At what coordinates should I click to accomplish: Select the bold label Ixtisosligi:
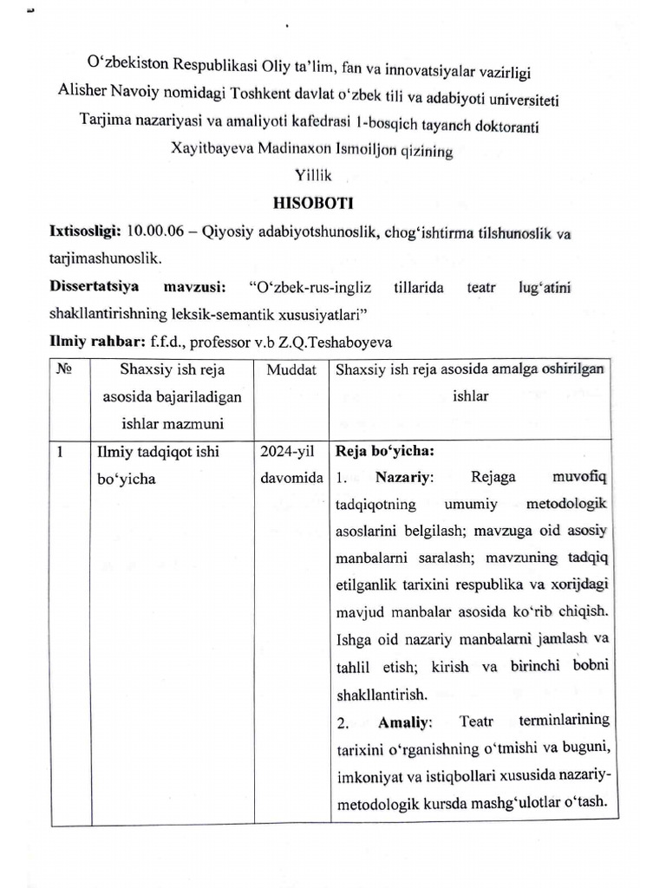[85, 233]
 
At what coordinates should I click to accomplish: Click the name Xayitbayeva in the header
[212, 150]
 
